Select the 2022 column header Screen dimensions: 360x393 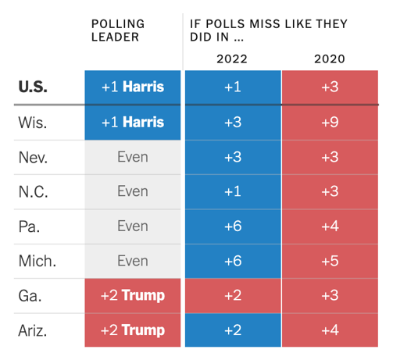tap(232, 59)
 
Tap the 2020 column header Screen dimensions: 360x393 tap(330, 59)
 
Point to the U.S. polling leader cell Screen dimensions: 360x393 tap(133, 87)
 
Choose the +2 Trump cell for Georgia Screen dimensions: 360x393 tap(133, 295)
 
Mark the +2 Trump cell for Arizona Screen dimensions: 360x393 tap(133, 330)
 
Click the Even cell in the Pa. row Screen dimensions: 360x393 tap(133, 226)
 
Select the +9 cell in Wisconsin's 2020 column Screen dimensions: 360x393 tap(330, 122)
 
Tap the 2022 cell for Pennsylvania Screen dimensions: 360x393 tap(232, 226)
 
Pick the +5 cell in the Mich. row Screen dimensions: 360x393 tap(330, 261)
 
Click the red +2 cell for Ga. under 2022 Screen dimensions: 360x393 tap(232, 295)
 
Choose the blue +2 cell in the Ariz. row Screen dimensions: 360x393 tap(232, 330)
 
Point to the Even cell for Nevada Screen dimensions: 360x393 tap(133, 157)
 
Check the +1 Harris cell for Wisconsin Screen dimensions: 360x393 tap(133, 122)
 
